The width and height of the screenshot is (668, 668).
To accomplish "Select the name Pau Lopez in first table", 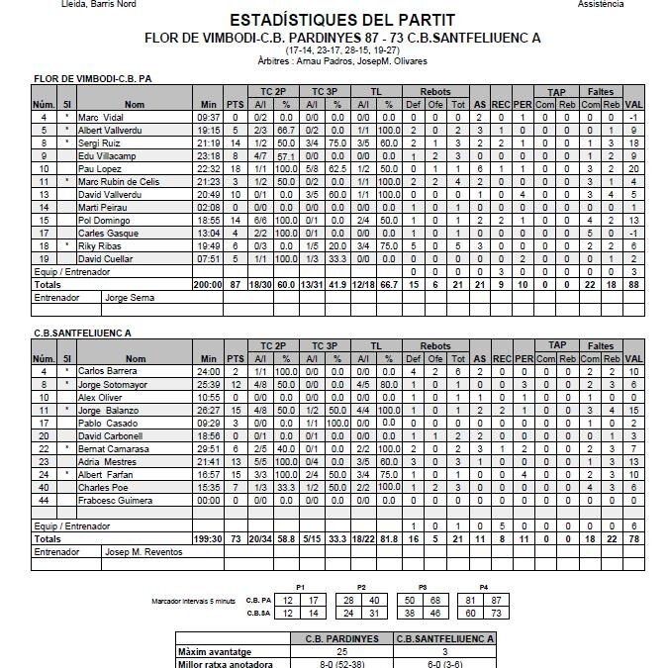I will click(100, 169).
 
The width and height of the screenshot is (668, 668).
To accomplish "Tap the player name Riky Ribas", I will click(99, 245).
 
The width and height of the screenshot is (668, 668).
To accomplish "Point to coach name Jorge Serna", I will click(130, 297).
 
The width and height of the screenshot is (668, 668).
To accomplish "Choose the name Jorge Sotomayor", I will click(109, 384).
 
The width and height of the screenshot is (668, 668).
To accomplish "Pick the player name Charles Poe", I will click(100, 487).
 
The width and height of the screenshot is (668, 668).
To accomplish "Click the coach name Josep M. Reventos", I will click(143, 552).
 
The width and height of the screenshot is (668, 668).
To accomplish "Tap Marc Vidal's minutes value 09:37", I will click(208, 118).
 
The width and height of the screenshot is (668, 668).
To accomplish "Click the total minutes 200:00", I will click(208, 284).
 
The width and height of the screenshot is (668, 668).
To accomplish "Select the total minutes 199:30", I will click(208, 539).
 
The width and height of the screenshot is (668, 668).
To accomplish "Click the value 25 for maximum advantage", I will click(341, 652).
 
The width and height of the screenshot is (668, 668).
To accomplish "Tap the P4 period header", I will click(483, 587).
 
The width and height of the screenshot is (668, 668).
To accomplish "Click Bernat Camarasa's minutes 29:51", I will click(208, 448).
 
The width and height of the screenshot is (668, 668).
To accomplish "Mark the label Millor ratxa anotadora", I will click(225, 664).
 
